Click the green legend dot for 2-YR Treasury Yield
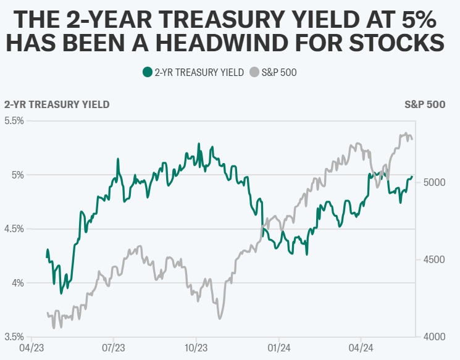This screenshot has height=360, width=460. pyautogui.click(x=147, y=72)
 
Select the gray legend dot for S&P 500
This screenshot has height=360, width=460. pyautogui.click(x=254, y=72)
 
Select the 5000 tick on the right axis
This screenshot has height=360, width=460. pyautogui.click(x=435, y=183)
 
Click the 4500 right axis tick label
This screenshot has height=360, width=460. pyautogui.click(x=435, y=260)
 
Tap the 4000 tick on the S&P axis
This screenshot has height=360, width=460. pyautogui.click(x=435, y=337)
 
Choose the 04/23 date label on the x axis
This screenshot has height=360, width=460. pyautogui.click(x=31, y=348)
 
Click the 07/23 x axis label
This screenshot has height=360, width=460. pyautogui.click(x=114, y=348)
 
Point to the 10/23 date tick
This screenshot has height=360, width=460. pyautogui.click(x=196, y=348)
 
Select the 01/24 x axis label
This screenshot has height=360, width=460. pyautogui.click(x=278, y=348)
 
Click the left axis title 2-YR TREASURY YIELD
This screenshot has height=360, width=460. pyautogui.click(x=57, y=104)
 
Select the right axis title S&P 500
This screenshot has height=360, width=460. pyautogui.click(x=425, y=104)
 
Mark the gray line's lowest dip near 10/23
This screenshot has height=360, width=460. pyautogui.click(x=219, y=319)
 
